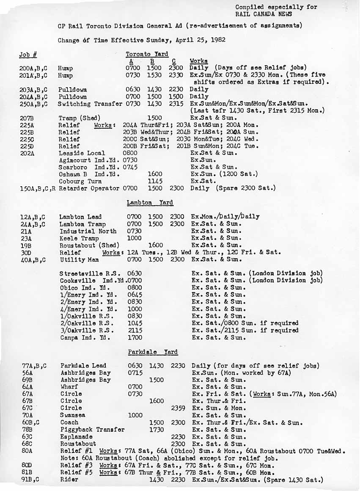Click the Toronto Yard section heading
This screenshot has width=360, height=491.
click(x=147, y=54)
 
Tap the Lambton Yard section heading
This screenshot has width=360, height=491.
click(x=150, y=203)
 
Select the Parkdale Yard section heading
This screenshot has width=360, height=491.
click(x=153, y=352)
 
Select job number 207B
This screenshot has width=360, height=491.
click(x=27, y=118)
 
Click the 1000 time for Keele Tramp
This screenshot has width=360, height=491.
click(x=135, y=238)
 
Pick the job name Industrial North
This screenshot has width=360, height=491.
click(x=88, y=231)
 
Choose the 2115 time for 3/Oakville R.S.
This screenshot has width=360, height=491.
click(x=135, y=331)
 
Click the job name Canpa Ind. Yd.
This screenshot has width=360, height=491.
click(x=85, y=338)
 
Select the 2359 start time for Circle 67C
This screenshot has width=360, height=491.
click(x=178, y=408)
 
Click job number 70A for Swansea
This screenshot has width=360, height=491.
click(x=27, y=415)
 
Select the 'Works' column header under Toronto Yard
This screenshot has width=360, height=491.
click(x=198, y=61)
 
